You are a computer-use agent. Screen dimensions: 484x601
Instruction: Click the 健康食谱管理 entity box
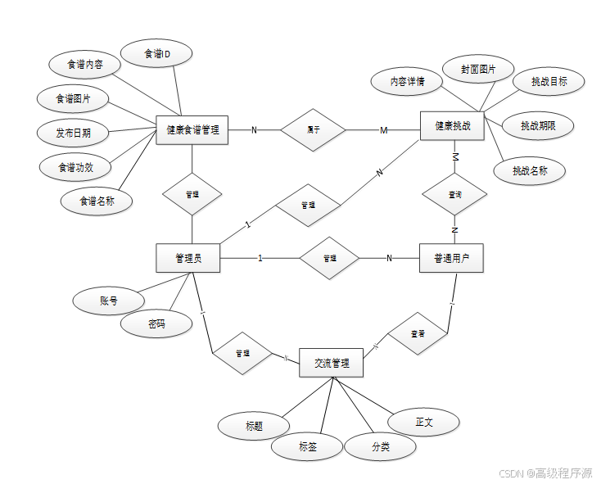click(192, 129)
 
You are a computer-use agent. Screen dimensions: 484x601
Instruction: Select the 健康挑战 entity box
click(453, 126)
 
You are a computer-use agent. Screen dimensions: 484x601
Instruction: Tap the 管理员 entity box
click(188, 259)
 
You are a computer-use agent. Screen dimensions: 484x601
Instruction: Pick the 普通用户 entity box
click(452, 258)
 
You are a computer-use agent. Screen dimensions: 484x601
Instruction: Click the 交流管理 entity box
click(331, 363)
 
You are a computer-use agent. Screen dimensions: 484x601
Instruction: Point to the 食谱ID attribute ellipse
click(156, 54)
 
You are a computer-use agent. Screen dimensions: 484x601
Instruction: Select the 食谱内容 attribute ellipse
click(84, 65)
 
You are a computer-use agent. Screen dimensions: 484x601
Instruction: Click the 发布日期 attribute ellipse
click(73, 132)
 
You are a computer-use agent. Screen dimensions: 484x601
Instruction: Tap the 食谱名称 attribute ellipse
click(96, 200)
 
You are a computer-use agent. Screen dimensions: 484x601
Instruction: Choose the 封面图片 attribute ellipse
click(477, 69)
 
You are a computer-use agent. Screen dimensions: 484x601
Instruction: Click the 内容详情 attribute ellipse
click(406, 81)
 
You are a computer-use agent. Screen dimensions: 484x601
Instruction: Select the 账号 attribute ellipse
click(108, 301)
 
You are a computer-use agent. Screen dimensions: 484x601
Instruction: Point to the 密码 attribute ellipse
click(156, 323)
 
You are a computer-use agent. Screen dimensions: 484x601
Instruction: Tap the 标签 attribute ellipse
click(307, 447)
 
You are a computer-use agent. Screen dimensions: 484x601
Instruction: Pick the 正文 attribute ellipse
click(423, 422)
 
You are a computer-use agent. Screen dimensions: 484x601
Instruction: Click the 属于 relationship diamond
click(313, 129)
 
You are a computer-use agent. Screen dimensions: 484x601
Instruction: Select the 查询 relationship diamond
click(454, 195)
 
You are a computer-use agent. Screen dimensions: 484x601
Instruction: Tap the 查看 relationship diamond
click(418, 333)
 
